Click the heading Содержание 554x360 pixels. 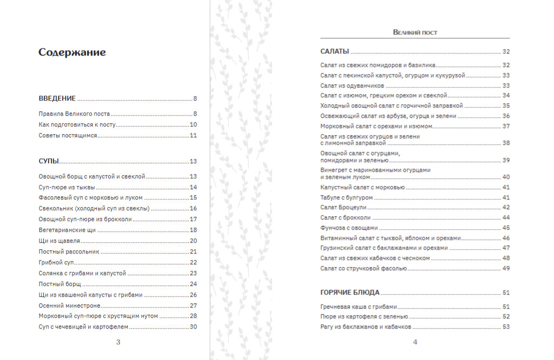[x=72, y=52]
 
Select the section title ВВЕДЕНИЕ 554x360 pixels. [x=57, y=98]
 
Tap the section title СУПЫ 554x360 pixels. [x=49, y=161]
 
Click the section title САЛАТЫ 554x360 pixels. [x=334, y=52]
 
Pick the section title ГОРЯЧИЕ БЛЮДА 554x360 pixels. [x=349, y=292]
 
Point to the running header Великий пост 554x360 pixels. [x=415, y=32]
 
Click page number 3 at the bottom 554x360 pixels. [x=118, y=342]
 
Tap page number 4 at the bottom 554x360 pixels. [x=415, y=342]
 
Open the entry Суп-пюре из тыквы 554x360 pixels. [x=67, y=187]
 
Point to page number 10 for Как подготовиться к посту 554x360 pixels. [x=193, y=125]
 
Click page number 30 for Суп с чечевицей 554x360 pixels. [x=193, y=327]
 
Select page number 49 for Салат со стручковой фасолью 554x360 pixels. [x=506, y=268]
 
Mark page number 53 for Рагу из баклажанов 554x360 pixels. [x=506, y=327]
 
